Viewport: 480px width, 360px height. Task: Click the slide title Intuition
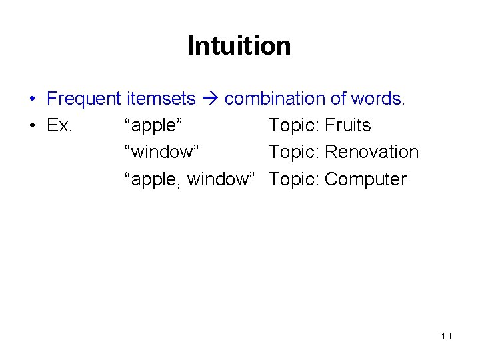239,46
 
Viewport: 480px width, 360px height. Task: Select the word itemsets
160,99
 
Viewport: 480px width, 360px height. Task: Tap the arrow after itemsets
211,99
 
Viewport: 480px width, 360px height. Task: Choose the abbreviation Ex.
60,125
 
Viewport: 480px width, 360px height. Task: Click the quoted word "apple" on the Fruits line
154,125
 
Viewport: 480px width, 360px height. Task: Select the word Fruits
347,125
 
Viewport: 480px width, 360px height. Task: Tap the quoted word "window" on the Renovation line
162,152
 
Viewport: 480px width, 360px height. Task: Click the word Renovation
371,152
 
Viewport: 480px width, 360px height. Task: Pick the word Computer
365,179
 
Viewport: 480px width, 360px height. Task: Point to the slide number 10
446,336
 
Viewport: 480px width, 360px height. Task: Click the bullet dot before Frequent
32,99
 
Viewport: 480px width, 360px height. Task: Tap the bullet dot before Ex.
32,126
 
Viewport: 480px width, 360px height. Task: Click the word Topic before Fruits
294,125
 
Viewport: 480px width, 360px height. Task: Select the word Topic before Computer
294,179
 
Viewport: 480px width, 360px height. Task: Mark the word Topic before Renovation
294,152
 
